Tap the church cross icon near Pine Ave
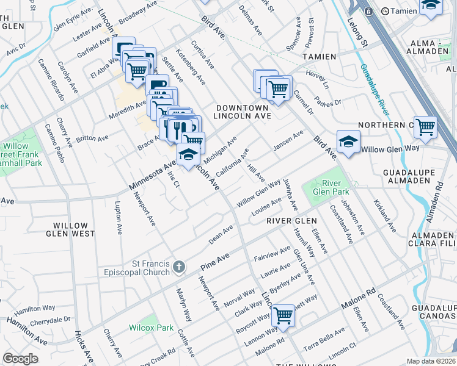178,267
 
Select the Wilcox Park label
151,327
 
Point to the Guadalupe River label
375,91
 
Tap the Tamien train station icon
368,11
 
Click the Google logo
20,359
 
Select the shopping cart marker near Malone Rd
283,315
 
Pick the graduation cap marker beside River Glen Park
348,143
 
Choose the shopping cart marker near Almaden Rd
425,127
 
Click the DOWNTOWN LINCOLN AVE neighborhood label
243,111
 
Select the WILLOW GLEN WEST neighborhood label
70,229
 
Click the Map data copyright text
431,361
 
